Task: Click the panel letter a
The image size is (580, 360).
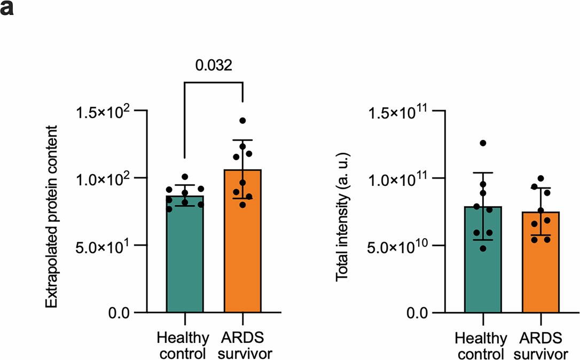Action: [7, 10]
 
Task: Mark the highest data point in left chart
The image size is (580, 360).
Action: [242, 121]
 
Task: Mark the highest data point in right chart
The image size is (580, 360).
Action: [483, 143]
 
